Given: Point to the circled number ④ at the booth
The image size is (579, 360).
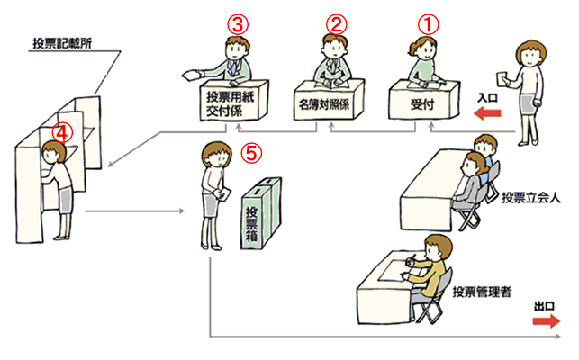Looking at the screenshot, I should [x=60, y=130].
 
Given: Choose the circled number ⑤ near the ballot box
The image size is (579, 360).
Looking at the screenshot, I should [x=255, y=152].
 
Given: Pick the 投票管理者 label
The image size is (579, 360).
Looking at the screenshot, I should [x=482, y=291].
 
